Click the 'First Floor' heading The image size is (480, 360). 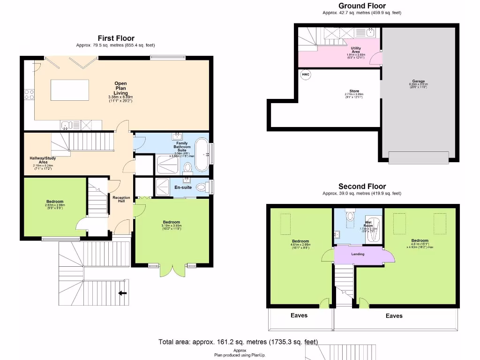pos(116,38)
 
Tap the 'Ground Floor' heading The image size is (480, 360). pos(362,6)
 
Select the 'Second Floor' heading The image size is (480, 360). pos(361,187)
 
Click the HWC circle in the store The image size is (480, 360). pos(305,75)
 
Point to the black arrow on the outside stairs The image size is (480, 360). pos(122,293)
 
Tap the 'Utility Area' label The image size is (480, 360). pos(356,50)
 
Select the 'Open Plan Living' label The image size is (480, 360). pos(120,89)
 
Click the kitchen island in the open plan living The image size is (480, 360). pos(70,90)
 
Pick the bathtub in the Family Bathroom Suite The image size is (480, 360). pos(202,155)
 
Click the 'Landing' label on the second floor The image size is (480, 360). pos(357,254)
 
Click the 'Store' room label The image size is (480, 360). pos(354,91)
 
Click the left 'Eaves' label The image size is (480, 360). pos(299,315)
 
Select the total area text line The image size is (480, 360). pos(238,342)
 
